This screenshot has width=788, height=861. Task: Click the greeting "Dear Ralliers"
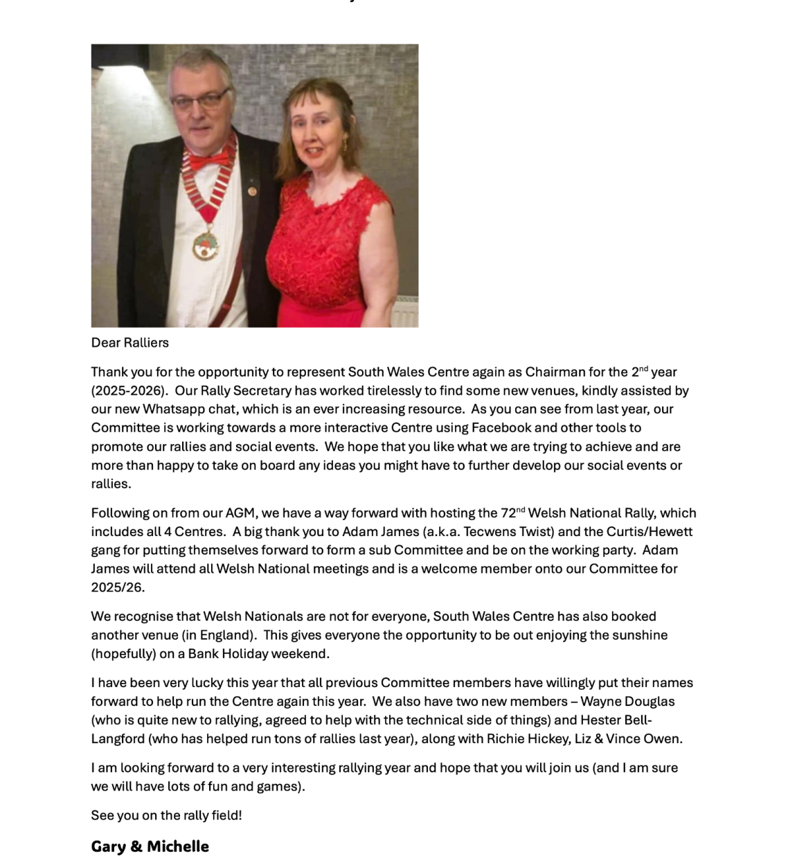pyautogui.click(x=130, y=343)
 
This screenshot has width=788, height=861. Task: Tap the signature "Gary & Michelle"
pyautogui.click(x=150, y=846)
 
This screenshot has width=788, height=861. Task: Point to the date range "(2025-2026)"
pyautogui.click(x=129, y=391)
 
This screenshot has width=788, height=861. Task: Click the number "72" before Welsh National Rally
pyautogui.click(x=508, y=513)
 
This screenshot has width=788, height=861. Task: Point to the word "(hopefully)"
pyautogui.click(x=125, y=654)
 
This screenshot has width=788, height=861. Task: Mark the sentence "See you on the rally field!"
pyautogui.click(x=166, y=815)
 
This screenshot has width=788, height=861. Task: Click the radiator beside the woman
pyautogui.click(x=405, y=312)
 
